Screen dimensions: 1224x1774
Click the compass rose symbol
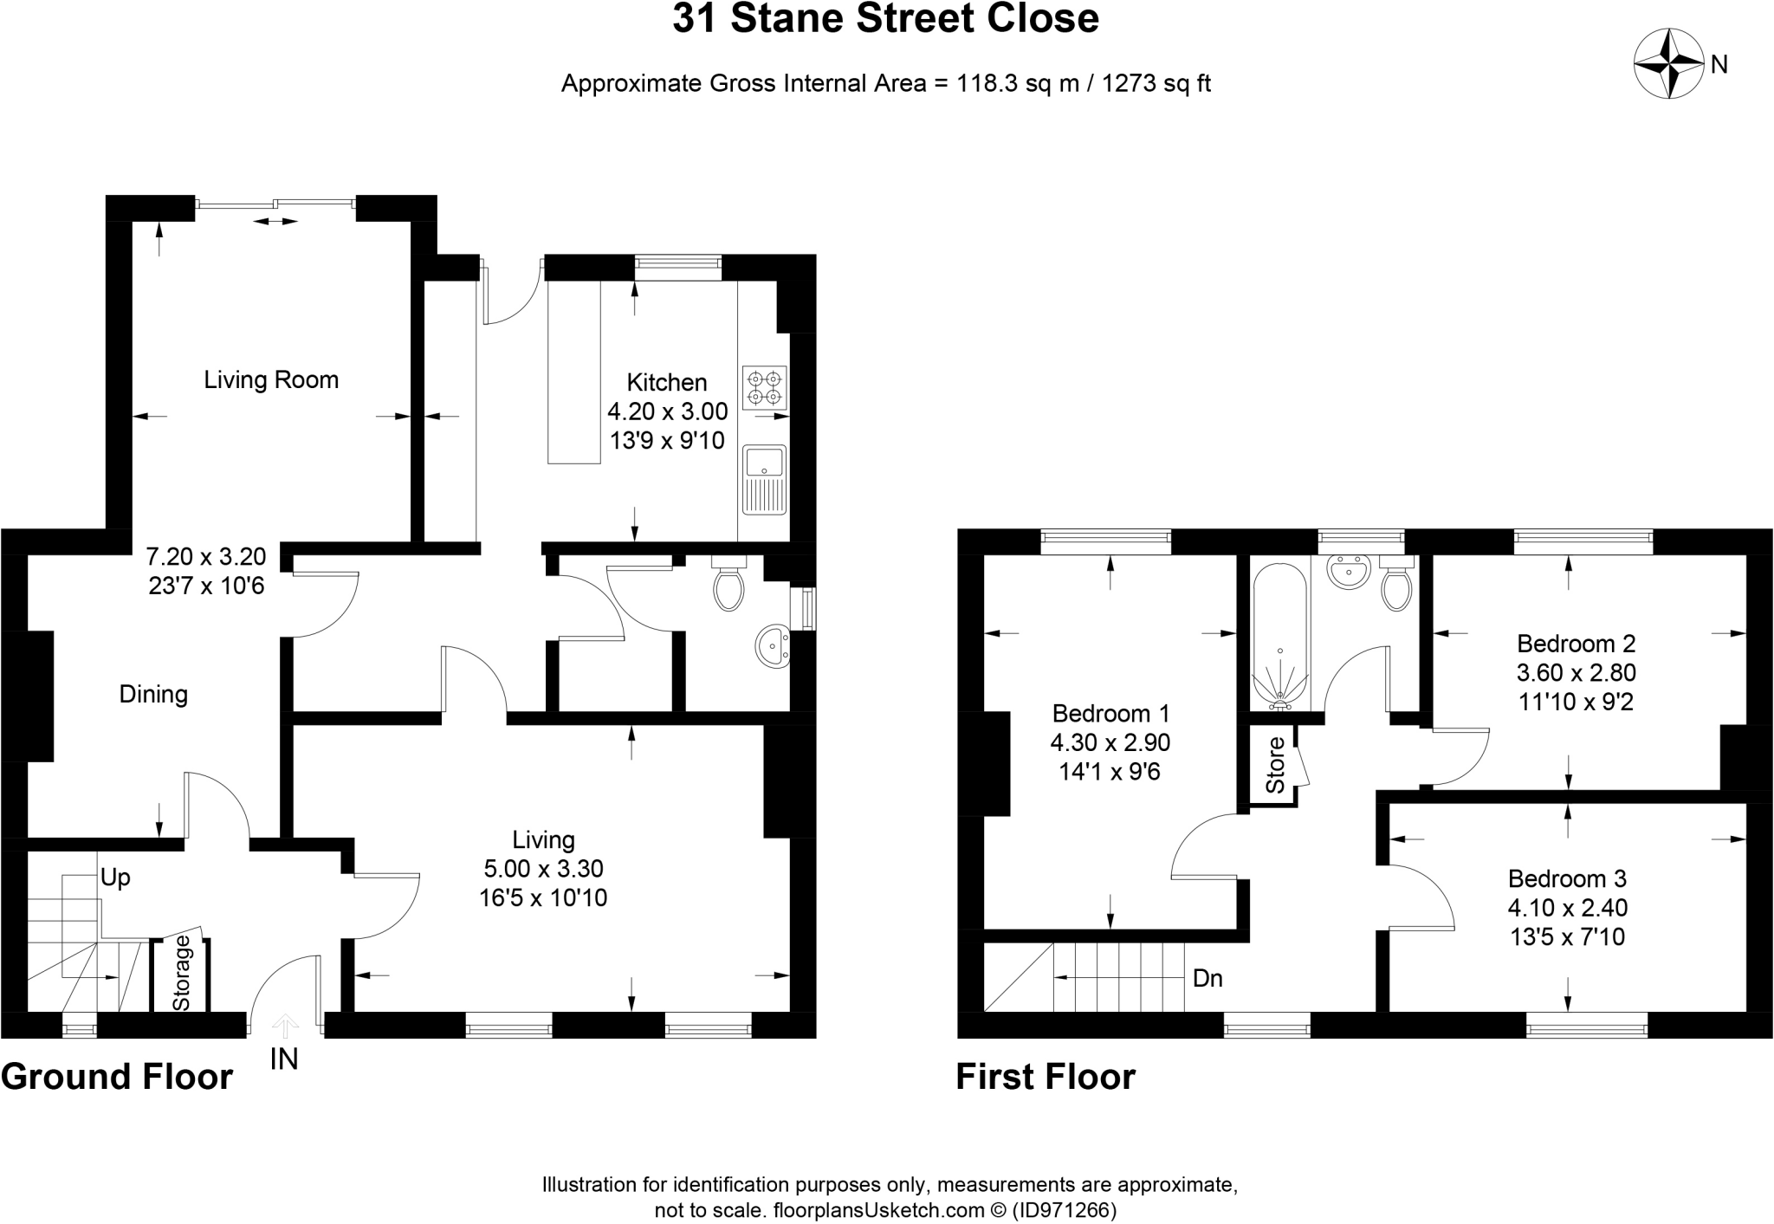1667,64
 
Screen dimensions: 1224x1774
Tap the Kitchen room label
666,382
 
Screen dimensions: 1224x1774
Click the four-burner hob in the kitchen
765,387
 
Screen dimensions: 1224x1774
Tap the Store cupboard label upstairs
1275,765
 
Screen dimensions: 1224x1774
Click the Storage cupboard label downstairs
181,974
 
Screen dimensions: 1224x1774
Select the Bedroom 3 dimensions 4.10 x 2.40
1567,908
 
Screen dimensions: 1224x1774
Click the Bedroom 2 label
1576,644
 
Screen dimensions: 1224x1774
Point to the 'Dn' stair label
1207,979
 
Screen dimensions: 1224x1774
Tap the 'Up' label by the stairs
115,878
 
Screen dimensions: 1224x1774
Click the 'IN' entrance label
284,1059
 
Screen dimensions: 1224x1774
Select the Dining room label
153,694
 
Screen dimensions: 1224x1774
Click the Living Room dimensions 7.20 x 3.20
206,556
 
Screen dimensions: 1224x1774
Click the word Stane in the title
785,19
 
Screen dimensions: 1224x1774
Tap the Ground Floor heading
117,1077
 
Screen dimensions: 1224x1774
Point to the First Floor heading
1045,1077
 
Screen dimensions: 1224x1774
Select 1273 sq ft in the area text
1156,84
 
